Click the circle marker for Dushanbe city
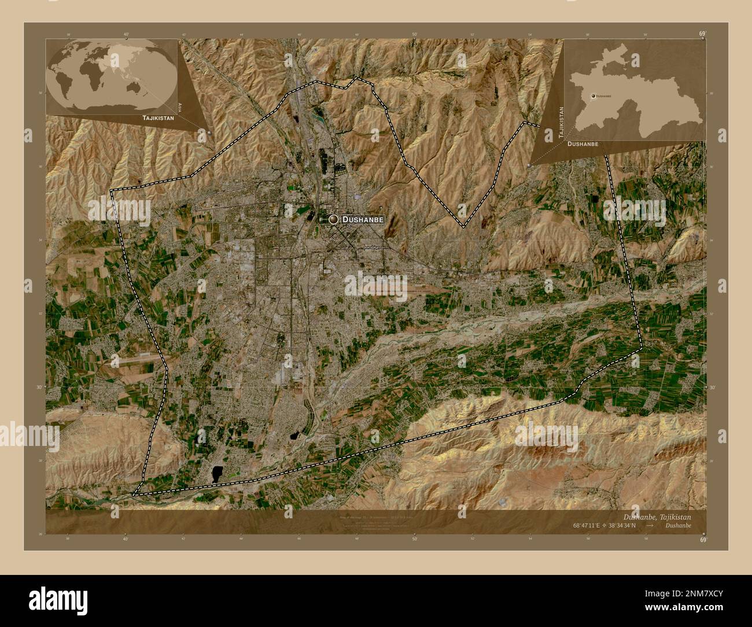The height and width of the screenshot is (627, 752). (x=333, y=219)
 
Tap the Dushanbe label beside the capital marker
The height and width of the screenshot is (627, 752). (x=363, y=220)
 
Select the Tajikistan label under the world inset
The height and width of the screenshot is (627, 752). (x=157, y=117)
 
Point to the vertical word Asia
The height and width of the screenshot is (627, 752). (x=180, y=106)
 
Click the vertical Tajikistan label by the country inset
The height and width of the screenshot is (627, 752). (x=559, y=121)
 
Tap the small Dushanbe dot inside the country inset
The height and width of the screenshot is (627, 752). (x=592, y=95)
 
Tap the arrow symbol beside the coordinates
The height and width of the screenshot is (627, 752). (x=650, y=526)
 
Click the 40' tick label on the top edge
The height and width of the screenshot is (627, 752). (x=126, y=35)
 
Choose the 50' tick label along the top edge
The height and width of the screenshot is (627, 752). (x=414, y=35)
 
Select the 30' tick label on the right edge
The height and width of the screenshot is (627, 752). (x=712, y=388)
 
